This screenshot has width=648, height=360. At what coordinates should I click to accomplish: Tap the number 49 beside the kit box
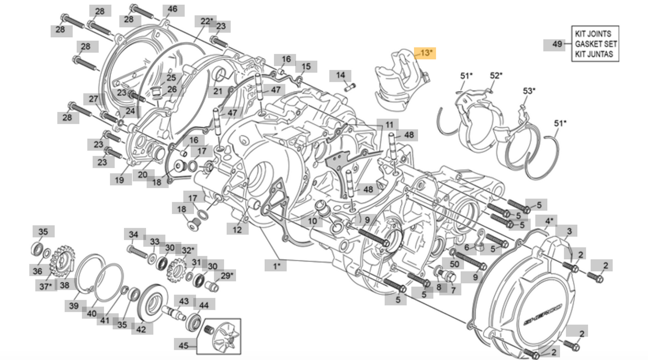click(x=557, y=44)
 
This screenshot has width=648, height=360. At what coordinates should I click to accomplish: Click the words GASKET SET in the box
click(x=596, y=44)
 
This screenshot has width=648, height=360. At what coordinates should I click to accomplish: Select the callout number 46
click(x=172, y=9)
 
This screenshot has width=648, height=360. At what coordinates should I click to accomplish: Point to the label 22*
click(x=207, y=22)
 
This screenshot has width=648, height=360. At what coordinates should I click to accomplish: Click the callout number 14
click(x=340, y=75)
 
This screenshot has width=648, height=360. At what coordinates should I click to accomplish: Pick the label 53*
click(x=529, y=91)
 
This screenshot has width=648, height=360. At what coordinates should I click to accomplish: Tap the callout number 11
click(x=389, y=125)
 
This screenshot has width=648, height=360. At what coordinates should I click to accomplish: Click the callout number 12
click(x=237, y=230)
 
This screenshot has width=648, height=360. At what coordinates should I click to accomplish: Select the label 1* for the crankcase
click(x=277, y=266)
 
